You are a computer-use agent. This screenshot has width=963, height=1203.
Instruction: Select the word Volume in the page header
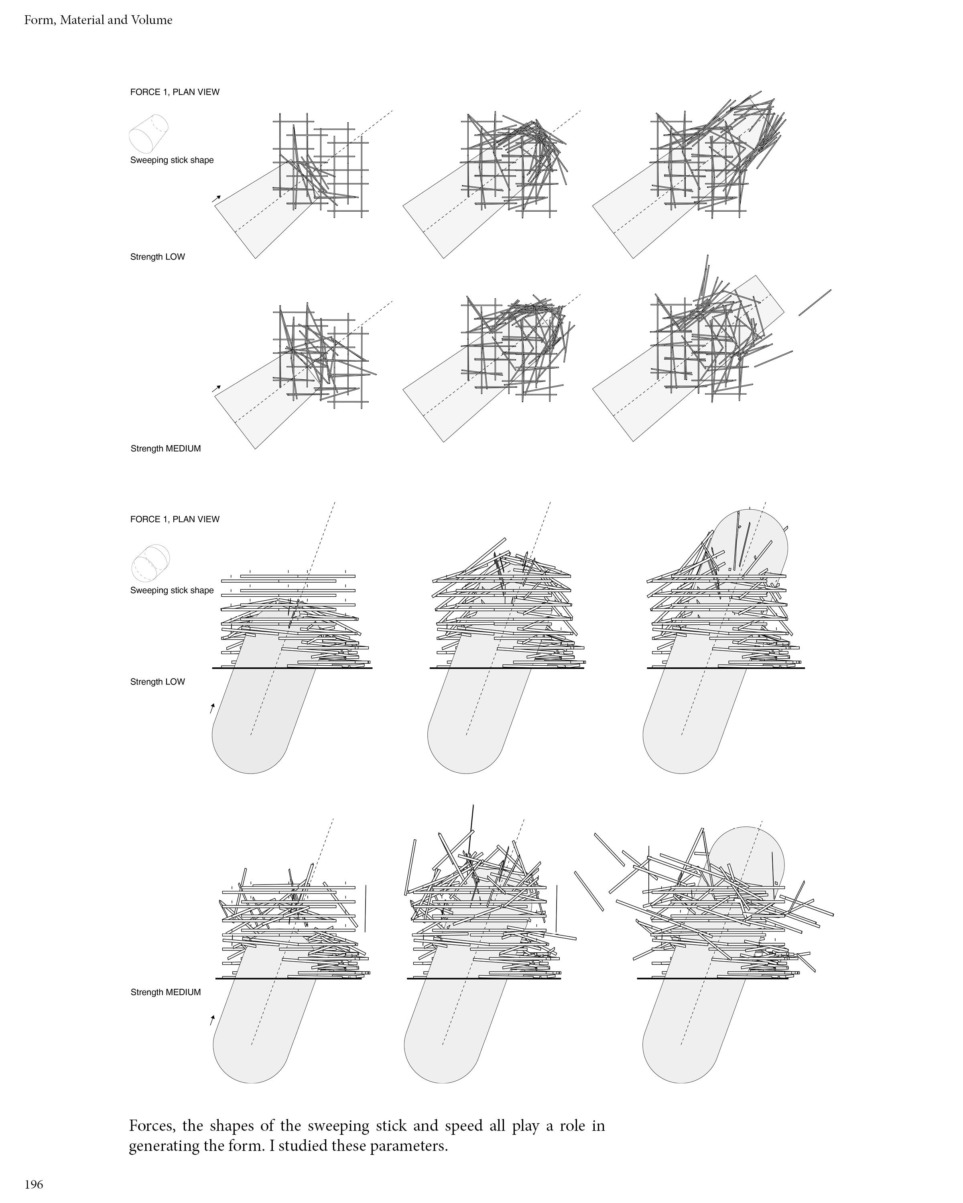[x=152, y=20]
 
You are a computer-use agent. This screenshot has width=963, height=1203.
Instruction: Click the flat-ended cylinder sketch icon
[x=149, y=134]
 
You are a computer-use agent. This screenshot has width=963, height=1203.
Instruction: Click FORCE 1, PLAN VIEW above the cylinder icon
[x=175, y=92]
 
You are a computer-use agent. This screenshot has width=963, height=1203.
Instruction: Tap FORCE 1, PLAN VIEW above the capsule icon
[x=175, y=519]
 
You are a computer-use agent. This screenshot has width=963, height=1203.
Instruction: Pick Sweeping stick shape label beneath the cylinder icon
[x=172, y=160]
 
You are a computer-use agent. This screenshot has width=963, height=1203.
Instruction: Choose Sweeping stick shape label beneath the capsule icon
[x=172, y=590]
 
